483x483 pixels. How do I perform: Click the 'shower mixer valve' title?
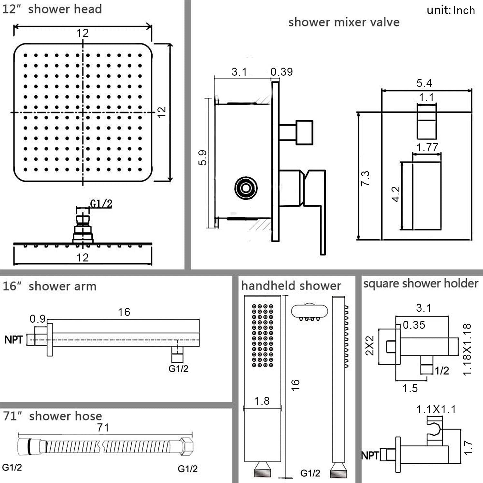344,22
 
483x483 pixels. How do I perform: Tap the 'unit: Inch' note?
450,10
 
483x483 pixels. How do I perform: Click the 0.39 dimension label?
281,71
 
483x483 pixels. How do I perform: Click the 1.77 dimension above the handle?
427,147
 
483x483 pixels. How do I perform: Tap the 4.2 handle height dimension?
396,194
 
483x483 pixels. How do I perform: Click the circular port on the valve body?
246,188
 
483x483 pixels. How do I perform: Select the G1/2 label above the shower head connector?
101,204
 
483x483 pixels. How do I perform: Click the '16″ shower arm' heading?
50,286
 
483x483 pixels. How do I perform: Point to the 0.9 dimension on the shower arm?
37,319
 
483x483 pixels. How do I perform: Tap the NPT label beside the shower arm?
14,339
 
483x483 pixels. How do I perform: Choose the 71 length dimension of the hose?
103,428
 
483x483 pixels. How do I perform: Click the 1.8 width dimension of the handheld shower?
262,401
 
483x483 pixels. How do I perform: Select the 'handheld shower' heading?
291,286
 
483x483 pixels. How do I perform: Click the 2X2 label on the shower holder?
370,345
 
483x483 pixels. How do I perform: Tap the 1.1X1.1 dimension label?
436,409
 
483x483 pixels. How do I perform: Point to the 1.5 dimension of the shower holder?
410,388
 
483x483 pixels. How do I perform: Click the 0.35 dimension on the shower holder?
414,325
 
